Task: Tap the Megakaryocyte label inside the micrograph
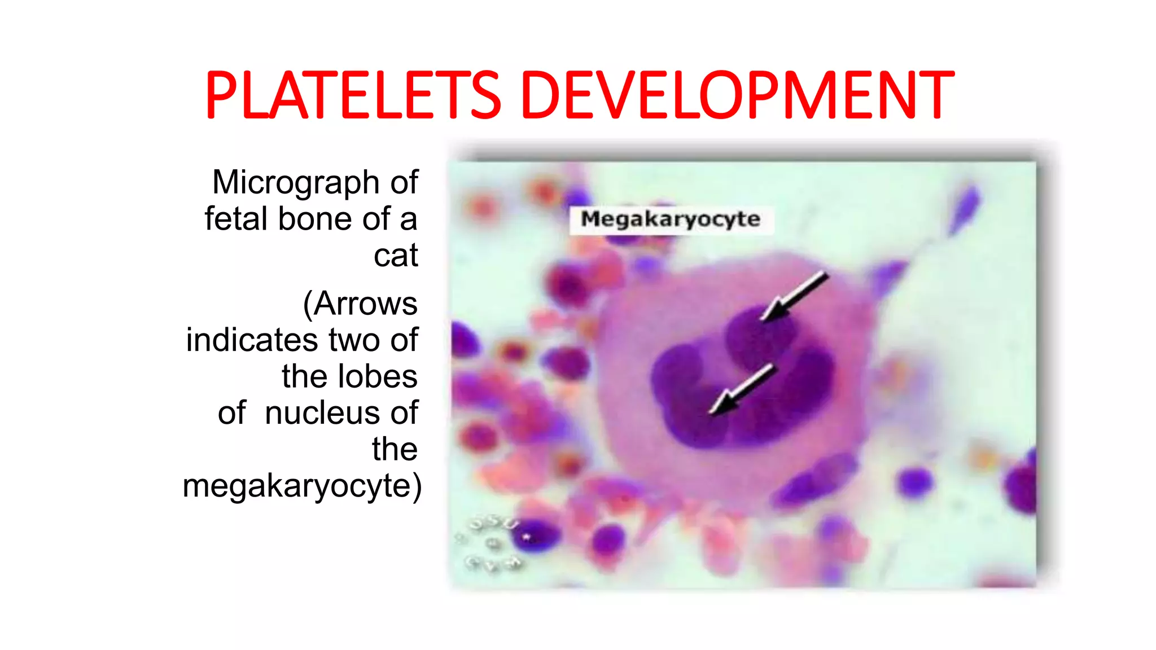(x=671, y=219)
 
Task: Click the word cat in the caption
(x=395, y=256)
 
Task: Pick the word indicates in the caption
(x=252, y=340)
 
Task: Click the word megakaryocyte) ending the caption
(x=302, y=486)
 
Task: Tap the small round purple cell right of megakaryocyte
(x=914, y=482)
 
